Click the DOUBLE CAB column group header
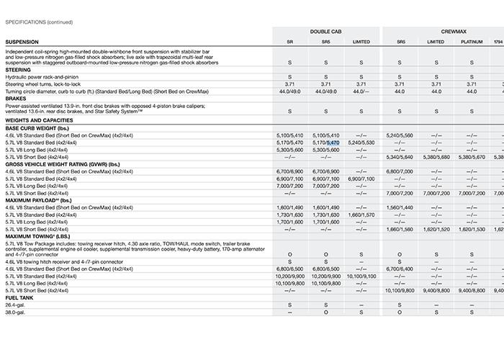point(325,32)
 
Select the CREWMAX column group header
point(441,32)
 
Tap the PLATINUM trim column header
point(472,42)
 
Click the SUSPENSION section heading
point(22,42)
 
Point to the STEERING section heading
point(18,69)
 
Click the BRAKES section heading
point(16,98)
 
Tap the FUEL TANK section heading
point(19,298)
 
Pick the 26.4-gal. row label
point(15,305)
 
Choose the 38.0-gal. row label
point(15,312)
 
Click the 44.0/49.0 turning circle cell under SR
point(289,91)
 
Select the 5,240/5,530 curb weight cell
point(361,143)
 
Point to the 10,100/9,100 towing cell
point(361,276)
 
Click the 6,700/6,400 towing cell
point(400,269)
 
